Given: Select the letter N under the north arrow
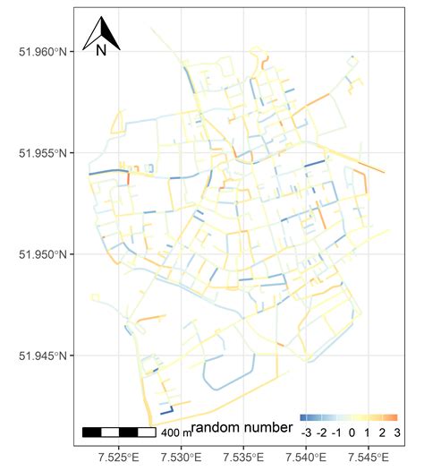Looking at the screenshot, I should click(x=101, y=50).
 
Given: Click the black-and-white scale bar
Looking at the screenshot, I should click(x=119, y=432).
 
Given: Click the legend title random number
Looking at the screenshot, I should click(x=242, y=428).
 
